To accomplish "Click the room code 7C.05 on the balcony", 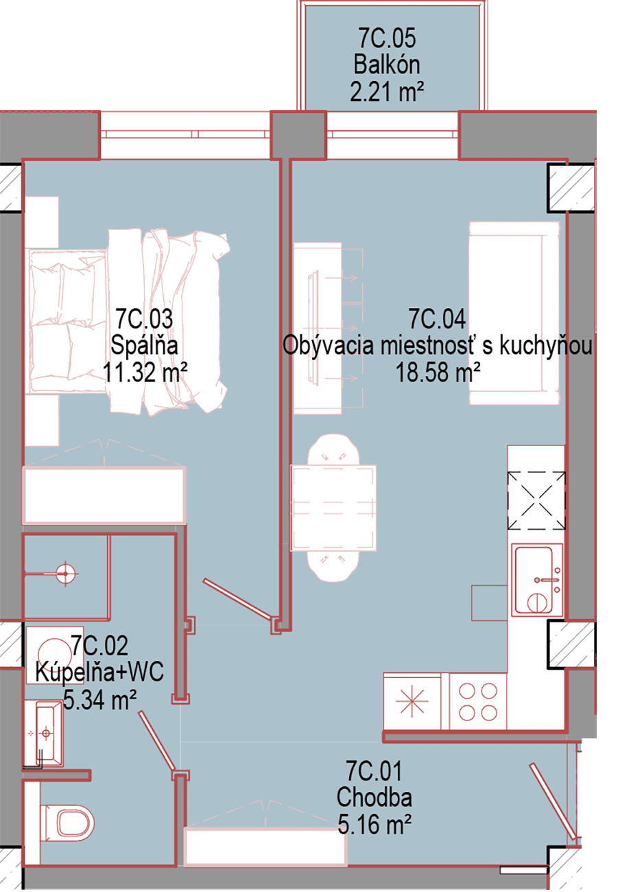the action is tap(387, 38).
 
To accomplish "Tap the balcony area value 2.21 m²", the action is tap(387, 91).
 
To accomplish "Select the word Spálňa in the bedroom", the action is tap(144, 345).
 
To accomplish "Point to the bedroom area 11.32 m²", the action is tap(145, 371).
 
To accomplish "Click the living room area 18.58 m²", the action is tap(438, 373).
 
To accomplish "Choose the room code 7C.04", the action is tap(437, 319).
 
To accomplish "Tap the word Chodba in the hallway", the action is tap(374, 797).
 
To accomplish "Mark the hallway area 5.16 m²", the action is tap(374, 824).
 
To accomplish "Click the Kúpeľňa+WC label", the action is tap(99, 672).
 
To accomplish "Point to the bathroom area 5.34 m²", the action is tap(100, 700).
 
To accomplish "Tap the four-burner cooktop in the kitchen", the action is tap(478, 702).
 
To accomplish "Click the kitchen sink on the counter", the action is tap(536, 581).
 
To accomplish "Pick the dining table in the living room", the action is tap(333, 508).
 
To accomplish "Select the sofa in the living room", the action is tap(514, 314).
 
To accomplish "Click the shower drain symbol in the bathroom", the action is tap(66, 574).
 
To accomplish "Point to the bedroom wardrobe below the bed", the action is tap(104, 494).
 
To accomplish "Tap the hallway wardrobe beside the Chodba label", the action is tap(265, 846).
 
